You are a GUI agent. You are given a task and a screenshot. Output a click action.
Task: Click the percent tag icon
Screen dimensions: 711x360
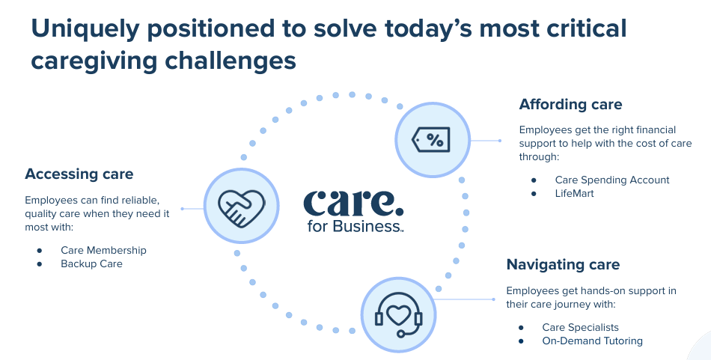point(431,140)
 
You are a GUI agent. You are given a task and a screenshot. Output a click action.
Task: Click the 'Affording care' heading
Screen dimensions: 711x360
point(570,104)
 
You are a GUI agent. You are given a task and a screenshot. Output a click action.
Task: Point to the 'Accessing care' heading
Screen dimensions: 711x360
point(79,174)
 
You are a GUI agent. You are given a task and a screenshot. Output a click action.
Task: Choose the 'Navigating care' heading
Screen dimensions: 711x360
point(563,264)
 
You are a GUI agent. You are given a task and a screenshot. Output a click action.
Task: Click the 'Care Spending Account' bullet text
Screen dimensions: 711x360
point(612,180)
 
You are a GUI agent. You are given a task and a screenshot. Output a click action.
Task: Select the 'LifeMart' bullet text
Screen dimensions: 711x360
point(574,194)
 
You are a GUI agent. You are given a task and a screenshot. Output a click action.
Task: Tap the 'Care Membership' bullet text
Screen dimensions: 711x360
point(103,250)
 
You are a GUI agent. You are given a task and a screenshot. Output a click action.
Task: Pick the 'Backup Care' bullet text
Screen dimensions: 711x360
point(91,264)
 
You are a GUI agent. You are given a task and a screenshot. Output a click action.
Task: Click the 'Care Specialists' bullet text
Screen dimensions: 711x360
point(581,327)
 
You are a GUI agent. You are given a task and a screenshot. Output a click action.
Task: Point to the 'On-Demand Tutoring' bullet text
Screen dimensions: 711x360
point(592,341)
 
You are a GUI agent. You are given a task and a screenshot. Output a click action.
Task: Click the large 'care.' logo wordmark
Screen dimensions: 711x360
point(353,204)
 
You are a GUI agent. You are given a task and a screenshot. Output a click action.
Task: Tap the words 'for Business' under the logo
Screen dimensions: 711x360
point(355,226)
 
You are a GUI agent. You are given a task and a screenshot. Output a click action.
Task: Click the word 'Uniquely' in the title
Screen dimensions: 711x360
point(85,29)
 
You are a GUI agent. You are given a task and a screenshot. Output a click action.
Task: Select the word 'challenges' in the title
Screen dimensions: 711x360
point(231,61)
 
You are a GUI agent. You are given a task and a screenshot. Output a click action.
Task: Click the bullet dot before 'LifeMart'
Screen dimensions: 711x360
point(534,194)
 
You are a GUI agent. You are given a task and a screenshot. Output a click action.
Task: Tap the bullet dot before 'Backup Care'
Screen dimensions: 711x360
point(40,264)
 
